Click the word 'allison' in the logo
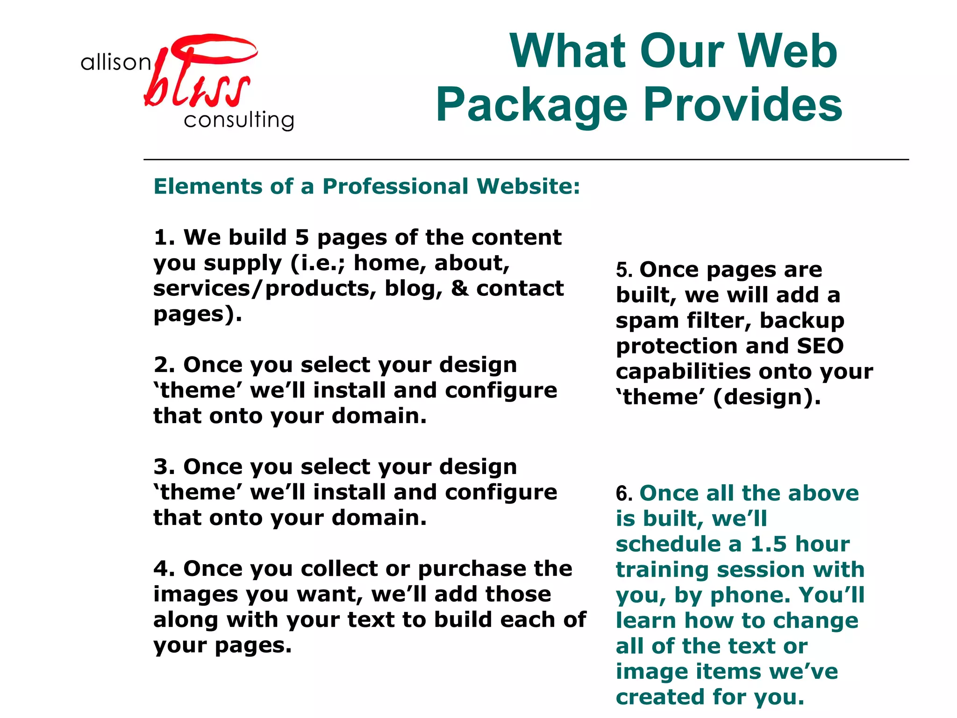[115, 62]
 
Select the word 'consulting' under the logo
[239, 120]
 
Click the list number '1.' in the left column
[164, 237]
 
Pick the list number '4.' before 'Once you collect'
[164, 569]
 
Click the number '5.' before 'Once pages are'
[624, 270]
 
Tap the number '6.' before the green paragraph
[624, 494]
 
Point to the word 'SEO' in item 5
[820, 346]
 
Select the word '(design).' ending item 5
[767, 397]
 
